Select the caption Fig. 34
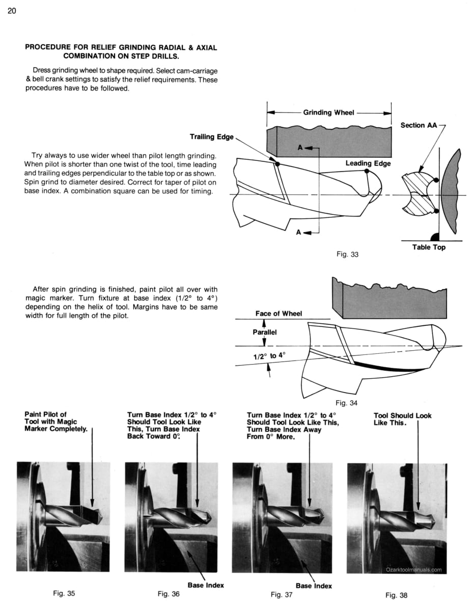point(347,403)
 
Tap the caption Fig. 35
point(64,593)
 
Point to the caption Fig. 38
point(397,595)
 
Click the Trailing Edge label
point(212,136)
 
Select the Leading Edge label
point(368,163)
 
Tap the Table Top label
point(429,247)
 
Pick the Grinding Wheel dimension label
point(328,113)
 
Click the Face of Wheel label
point(279,314)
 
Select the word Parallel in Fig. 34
point(264,332)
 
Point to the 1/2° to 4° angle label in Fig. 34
point(270,356)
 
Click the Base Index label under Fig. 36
point(206,585)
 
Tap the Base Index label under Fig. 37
point(314,586)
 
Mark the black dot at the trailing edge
point(277,164)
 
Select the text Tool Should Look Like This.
point(402,419)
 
